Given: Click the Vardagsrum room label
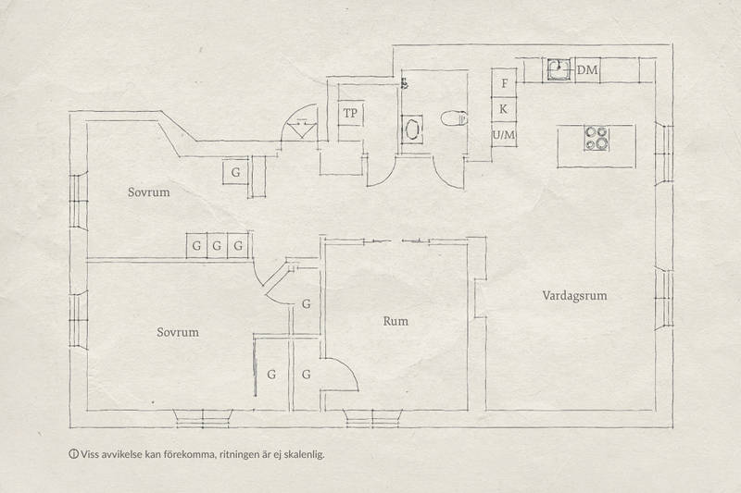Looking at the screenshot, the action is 574,296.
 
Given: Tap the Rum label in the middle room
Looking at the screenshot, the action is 396,321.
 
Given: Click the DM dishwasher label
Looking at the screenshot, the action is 587,70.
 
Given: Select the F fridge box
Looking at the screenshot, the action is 504,83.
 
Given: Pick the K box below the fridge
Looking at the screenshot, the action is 504,109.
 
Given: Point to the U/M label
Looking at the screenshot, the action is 504,135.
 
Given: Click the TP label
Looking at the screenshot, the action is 350,113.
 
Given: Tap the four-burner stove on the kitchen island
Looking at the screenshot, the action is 596,139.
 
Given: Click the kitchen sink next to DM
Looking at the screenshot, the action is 559,70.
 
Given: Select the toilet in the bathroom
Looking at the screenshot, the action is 454,118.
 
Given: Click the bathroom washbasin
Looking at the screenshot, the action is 412,129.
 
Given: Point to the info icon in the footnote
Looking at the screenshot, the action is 73,454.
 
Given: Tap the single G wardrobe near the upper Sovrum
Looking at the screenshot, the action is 235,173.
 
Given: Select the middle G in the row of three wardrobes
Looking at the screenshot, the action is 217,246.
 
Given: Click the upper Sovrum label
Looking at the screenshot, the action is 148,192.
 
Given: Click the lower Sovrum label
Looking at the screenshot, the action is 178,332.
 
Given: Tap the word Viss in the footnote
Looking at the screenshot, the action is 89,454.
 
